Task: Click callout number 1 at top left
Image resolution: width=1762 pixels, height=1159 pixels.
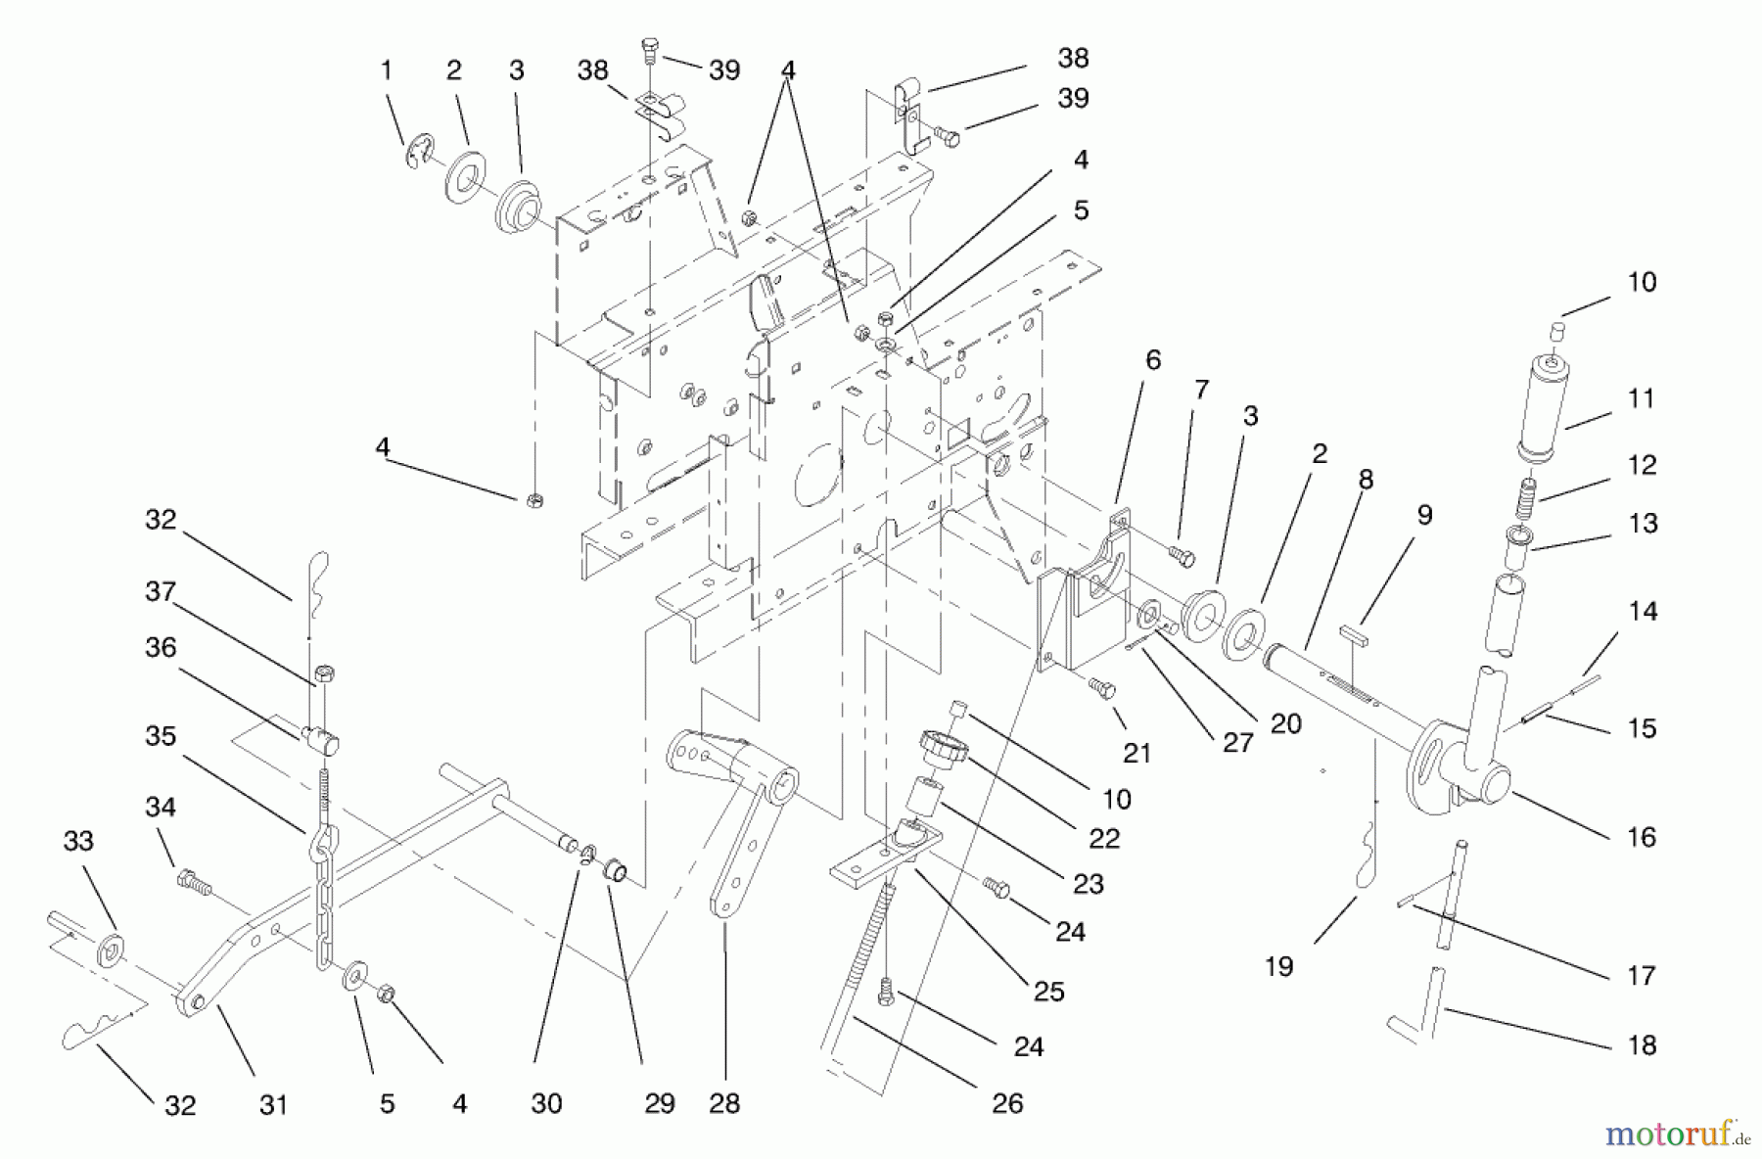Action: tap(387, 70)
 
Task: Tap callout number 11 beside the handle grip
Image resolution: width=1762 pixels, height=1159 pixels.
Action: tap(1641, 398)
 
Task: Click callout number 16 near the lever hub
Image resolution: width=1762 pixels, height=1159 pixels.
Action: tap(1641, 837)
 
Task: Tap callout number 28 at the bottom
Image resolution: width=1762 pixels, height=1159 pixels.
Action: tap(724, 1103)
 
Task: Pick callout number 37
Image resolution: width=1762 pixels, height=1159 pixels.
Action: tap(161, 591)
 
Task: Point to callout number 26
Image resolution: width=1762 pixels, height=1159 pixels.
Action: tap(1007, 1103)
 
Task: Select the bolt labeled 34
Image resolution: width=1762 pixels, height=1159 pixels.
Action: tap(193, 884)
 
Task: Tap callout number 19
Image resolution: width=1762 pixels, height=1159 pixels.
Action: tap(1278, 966)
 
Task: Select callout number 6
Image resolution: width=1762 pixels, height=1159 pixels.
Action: tap(1153, 360)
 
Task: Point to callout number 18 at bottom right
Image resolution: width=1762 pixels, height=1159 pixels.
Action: tap(1641, 1045)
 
